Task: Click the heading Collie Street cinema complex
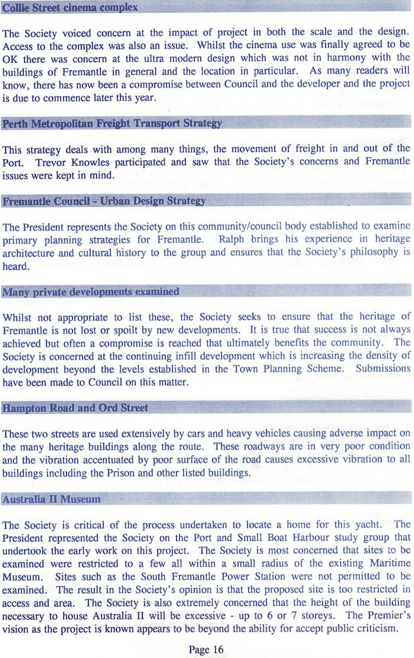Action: (x=70, y=8)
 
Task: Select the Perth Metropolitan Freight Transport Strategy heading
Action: (x=112, y=123)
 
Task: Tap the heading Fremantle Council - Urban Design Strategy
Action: (x=104, y=201)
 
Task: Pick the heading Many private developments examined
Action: (x=91, y=292)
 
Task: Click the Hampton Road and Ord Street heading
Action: (x=75, y=408)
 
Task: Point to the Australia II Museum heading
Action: (x=51, y=499)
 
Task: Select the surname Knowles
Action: (x=108, y=161)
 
